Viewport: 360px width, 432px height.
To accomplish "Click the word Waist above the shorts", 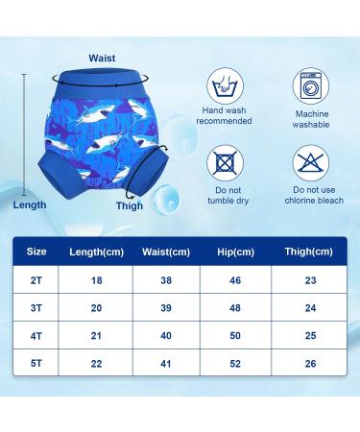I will point(102,58).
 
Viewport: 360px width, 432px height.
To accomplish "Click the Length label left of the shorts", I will point(29,204).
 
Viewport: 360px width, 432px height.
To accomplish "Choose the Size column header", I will point(36,252).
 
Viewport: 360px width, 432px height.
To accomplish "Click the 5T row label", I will point(36,365).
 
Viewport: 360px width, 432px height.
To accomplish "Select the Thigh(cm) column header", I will point(309,252).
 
